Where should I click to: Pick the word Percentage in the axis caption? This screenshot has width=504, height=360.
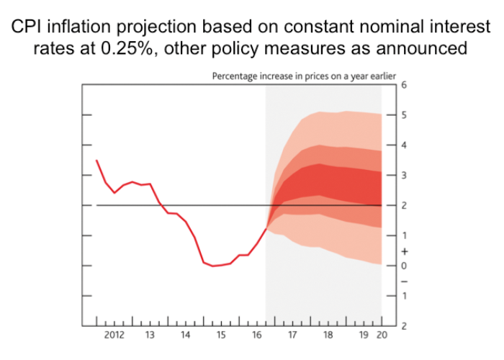(236, 76)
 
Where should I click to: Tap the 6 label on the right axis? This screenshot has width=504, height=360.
(404, 85)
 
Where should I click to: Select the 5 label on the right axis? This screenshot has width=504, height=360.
(404, 115)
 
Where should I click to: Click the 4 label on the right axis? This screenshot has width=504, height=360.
(404, 145)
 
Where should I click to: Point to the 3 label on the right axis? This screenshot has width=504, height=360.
(404, 176)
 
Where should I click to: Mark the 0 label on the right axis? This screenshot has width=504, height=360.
(404, 266)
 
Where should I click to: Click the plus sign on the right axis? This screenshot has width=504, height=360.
(404, 251)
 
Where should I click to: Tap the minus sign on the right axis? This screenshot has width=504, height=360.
(404, 281)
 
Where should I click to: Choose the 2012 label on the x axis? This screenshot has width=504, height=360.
(114, 336)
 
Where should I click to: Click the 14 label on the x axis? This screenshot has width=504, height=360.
(185, 336)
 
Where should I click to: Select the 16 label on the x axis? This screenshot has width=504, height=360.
(256, 336)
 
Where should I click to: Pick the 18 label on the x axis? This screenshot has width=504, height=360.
(328, 336)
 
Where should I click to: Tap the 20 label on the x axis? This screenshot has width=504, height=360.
(382, 336)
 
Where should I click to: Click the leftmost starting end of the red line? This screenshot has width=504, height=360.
(96, 160)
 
